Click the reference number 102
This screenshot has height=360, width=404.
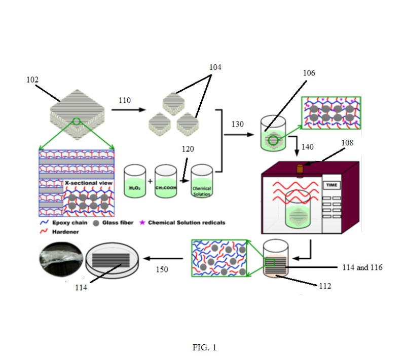[x=32, y=80]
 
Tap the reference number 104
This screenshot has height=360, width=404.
[x=215, y=67]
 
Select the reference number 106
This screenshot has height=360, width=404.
[x=309, y=73]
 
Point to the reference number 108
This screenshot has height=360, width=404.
[x=347, y=143]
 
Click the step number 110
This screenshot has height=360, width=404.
[x=125, y=100]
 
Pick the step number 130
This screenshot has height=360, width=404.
[x=237, y=124]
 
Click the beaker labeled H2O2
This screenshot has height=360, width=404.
[x=135, y=181]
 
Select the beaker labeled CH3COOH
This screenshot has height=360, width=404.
[x=166, y=181]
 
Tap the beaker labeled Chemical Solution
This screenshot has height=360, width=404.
[x=202, y=181]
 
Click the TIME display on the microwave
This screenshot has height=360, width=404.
[x=332, y=185]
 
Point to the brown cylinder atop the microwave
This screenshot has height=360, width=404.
[x=300, y=170]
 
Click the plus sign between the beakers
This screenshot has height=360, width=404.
[x=150, y=181]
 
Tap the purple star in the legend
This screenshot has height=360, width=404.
[x=142, y=223]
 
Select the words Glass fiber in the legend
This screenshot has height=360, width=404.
[x=118, y=223]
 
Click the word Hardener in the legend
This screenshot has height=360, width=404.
[x=65, y=232]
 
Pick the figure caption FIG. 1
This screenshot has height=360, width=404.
[x=204, y=348]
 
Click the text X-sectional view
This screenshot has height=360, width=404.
[x=89, y=183]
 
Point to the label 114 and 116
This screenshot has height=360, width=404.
[x=362, y=268]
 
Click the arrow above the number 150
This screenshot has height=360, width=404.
[x=163, y=258]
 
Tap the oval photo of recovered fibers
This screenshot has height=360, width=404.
[x=61, y=259]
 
